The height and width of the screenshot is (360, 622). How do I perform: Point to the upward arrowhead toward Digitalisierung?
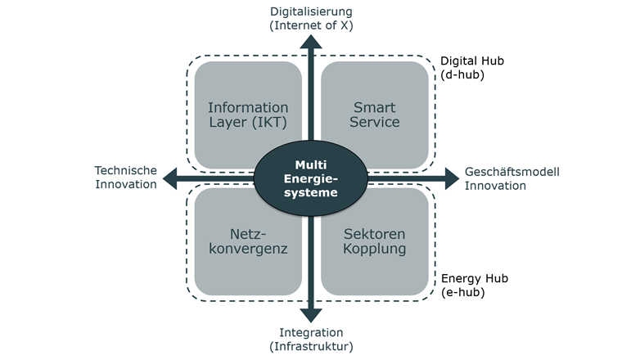tap(311, 45)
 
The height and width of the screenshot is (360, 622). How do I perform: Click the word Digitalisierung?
tap(311, 11)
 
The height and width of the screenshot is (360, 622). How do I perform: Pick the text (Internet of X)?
tap(311, 25)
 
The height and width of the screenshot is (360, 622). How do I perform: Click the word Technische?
tap(125, 170)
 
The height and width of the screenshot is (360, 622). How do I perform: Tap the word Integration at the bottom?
tap(311, 332)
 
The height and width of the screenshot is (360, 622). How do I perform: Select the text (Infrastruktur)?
tap(311, 346)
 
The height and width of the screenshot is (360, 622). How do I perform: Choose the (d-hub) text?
tap(463, 74)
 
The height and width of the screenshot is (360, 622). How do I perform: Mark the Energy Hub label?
tap(475, 278)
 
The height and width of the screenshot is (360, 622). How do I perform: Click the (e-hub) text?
tap(463, 292)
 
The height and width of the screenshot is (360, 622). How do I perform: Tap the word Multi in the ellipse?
tap(311, 164)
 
